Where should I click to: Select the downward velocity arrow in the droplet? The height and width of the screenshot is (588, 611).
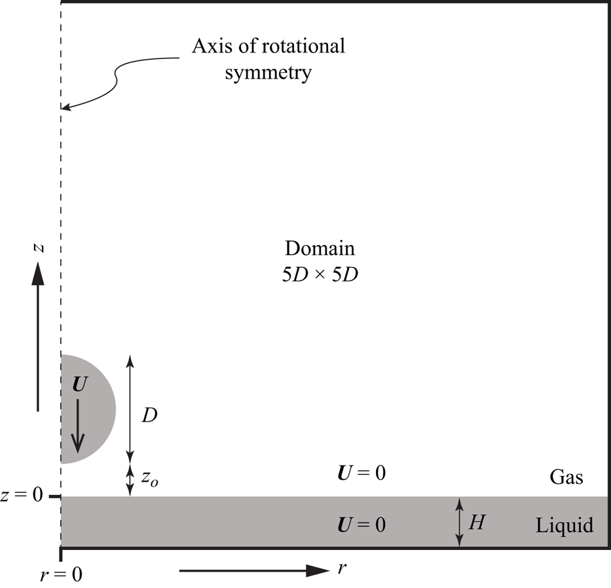point(78,427)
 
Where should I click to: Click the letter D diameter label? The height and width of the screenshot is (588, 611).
point(149,416)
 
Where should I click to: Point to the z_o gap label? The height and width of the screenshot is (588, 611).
point(150,479)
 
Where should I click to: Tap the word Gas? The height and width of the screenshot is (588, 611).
point(566,477)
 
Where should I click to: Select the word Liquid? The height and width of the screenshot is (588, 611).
point(565,525)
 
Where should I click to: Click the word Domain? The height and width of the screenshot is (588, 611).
point(320,249)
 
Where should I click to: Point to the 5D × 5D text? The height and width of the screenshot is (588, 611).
point(320,275)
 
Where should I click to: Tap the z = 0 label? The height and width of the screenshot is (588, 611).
point(23,496)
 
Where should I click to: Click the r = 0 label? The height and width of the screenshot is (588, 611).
point(61,575)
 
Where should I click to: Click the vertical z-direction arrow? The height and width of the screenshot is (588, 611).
point(39,334)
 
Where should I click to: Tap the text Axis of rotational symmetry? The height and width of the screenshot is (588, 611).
point(268,59)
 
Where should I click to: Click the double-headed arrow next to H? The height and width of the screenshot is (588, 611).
point(460,522)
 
